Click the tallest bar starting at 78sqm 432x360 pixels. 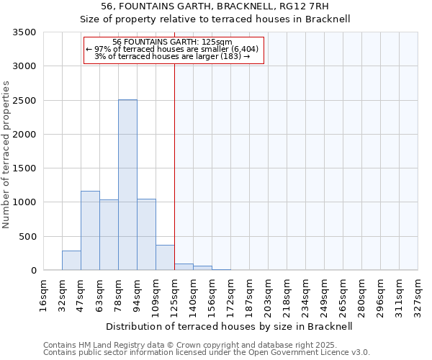pos(127,185)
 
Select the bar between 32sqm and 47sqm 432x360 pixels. pos(71,260)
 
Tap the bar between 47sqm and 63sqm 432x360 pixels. pos(90,230)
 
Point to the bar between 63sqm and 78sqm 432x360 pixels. pos(109,235)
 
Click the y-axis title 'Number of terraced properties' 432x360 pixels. pos(6,155)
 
